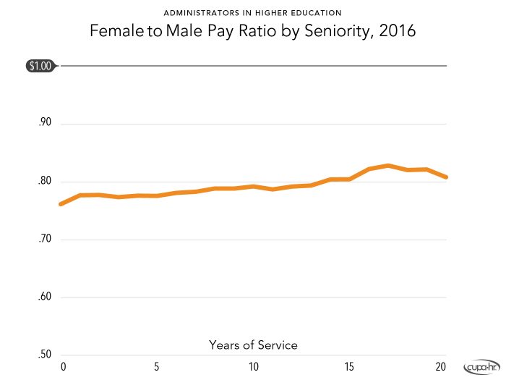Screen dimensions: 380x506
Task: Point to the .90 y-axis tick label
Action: point(45,123)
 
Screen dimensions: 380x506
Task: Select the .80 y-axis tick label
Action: point(45,181)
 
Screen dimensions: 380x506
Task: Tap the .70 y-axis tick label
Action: point(45,239)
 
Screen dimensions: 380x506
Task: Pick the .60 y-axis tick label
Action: point(45,297)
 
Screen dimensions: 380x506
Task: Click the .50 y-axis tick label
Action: point(45,355)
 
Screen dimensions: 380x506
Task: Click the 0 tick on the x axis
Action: point(63,366)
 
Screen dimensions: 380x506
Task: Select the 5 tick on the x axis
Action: point(157,366)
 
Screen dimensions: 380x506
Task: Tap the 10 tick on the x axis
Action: point(253,366)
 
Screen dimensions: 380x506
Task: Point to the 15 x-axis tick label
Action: point(348,366)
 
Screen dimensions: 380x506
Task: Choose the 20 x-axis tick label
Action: point(443,366)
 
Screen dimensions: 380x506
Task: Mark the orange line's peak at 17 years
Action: point(388,166)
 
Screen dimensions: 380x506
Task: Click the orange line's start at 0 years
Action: point(61,204)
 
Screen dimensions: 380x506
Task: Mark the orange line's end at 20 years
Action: point(445,177)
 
